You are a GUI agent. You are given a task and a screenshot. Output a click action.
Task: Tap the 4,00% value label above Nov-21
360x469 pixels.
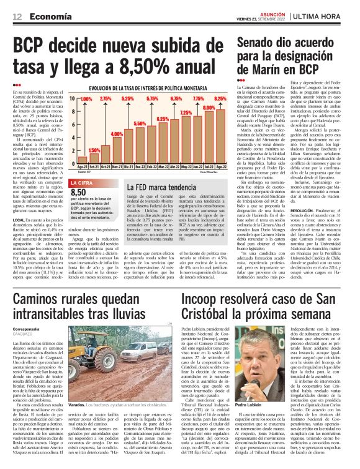pos(117,134)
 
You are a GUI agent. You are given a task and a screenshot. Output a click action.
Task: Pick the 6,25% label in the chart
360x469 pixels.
pos(163,119)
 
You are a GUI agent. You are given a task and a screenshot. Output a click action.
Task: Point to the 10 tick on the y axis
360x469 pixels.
pos(72,99)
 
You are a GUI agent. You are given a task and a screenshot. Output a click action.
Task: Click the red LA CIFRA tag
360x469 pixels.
pos(84,183)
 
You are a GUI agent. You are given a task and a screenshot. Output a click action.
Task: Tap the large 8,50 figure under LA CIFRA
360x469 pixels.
pos(81,193)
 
